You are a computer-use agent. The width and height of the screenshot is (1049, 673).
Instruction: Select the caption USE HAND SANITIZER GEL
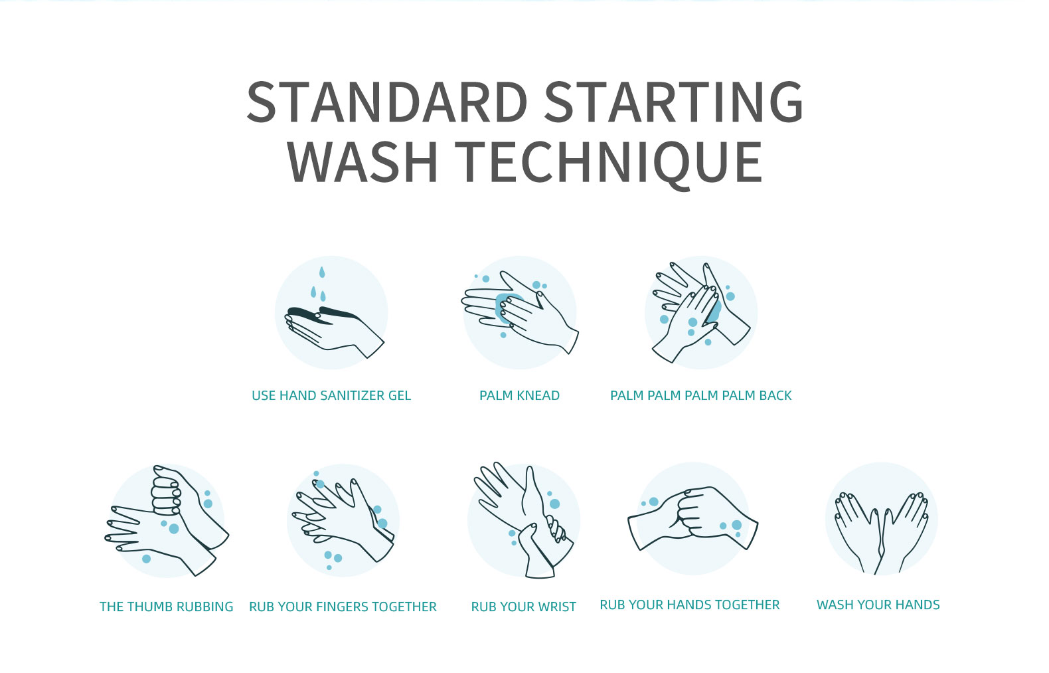point(331,395)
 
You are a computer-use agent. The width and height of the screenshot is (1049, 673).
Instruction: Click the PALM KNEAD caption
point(519,395)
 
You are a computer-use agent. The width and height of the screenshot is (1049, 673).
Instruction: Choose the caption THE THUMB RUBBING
point(166,607)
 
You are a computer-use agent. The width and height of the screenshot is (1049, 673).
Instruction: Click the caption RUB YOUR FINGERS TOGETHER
point(343,607)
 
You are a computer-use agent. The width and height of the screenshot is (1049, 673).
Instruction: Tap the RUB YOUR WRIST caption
point(523,607)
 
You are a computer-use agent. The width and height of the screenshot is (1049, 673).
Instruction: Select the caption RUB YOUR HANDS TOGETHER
point(689,605)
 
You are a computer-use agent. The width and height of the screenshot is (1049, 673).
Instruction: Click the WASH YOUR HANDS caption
point(878,605)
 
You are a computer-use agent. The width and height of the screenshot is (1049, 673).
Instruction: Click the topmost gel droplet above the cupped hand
point(322,272)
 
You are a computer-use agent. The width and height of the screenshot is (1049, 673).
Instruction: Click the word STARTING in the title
point(673,103)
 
